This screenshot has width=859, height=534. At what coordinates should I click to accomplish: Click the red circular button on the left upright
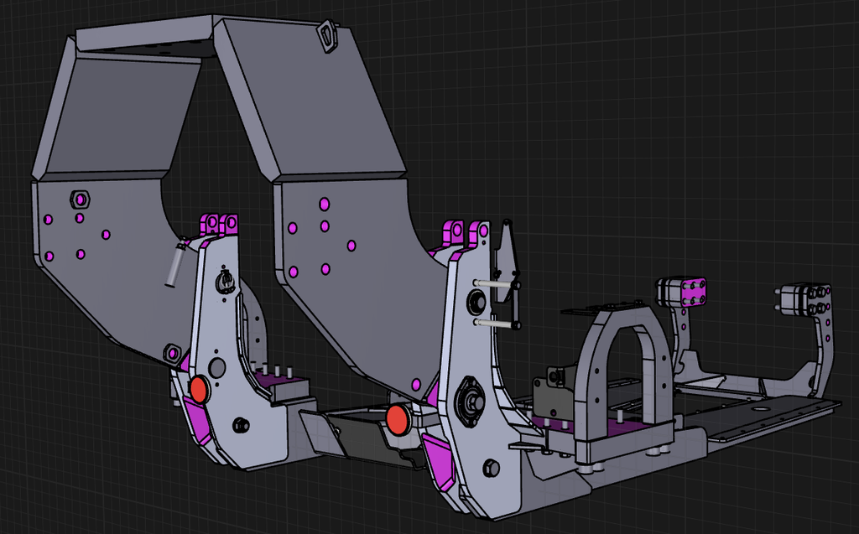(199, 389)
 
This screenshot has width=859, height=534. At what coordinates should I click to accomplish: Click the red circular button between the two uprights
(398, 418)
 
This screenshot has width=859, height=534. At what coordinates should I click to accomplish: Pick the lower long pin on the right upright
(497, 322)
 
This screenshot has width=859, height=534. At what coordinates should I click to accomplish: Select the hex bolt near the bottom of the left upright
(241, 424)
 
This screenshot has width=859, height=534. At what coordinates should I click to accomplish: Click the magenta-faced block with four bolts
(691, 293)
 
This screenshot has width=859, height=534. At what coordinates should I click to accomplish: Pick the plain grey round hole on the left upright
(217, 366)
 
